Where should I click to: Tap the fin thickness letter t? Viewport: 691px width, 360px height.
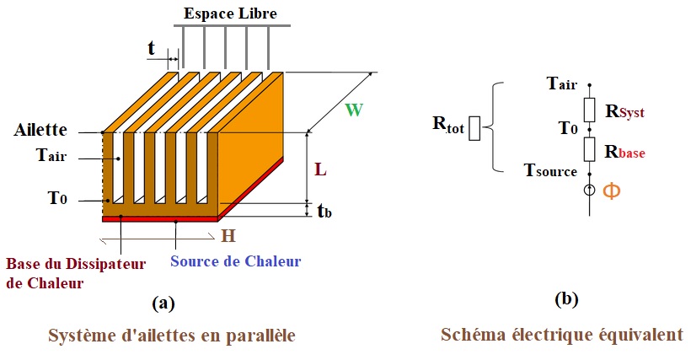tap(152, 48)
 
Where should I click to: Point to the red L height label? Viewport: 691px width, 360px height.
tap(320, 169)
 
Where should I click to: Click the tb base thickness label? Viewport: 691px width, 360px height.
tap(324, 211)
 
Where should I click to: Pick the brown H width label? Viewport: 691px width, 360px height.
tap(228, 235)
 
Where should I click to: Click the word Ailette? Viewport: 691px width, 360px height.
tap(41, 131)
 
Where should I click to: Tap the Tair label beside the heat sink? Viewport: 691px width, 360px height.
tap(51, 157)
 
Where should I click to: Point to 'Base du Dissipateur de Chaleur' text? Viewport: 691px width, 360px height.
tap(76, 273)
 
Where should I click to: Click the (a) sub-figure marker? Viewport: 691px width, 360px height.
tap(163, 301)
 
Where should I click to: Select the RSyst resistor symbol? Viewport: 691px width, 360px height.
tap(589, 109)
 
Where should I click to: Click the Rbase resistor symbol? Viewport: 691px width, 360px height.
tap(589, 150)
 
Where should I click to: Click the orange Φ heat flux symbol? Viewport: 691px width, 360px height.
tap(610, 191)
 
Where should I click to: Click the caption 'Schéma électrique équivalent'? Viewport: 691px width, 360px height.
tap(562, 335)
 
